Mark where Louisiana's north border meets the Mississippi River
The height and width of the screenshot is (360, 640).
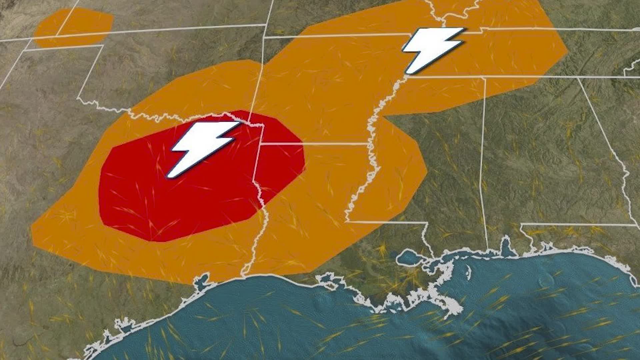(x=368, y=144)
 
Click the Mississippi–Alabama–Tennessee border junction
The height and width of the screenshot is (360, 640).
(x=484, y=77)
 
